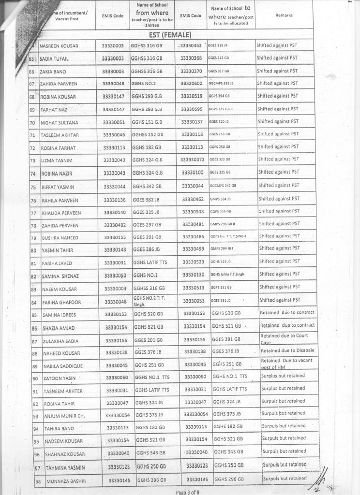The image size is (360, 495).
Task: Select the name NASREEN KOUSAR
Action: [x=59, y=46]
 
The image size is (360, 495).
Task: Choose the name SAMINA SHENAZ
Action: [x=61, y=276]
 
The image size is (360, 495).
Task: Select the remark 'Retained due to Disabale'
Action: [x=287, y=350]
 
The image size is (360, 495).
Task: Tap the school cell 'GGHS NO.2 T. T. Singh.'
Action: [x=149, y=301]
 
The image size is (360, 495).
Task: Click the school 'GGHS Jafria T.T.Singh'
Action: [x=227, y=274]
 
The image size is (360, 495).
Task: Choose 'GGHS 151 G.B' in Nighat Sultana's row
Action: [x=147, y=122]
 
